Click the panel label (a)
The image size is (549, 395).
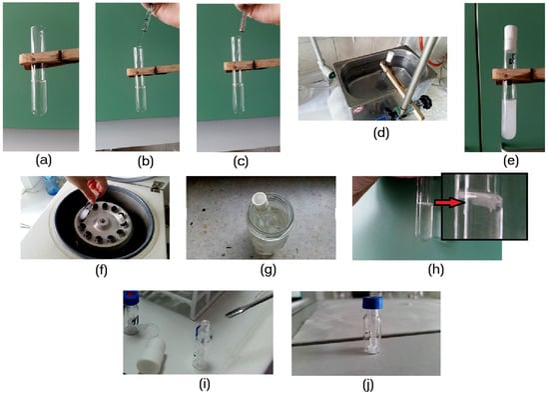(x=44, y=160)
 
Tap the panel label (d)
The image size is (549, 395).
(x=381, y=133)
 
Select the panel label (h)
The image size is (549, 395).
(x=436, y=269)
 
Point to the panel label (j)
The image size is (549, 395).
(x=368, y=385)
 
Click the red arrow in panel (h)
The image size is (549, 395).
(x=449, y=202)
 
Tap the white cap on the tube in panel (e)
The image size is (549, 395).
(x=511, y=36)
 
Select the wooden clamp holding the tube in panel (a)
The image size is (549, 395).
(x=49, y=59)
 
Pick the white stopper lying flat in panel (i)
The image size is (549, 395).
(x=152, y=355)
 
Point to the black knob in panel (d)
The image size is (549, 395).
(x=423, y=101)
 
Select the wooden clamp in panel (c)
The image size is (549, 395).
(x=252, y=65)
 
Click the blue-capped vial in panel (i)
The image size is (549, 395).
(x=132, y=312)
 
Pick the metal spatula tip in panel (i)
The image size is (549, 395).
(x=234, y=312)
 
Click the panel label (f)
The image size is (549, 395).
(x=101, y=270)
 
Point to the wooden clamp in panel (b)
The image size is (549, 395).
(x=153, y=71)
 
